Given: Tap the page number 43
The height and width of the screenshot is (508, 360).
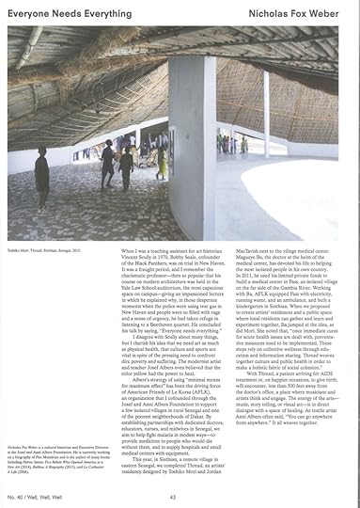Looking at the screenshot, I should [173, 496].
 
